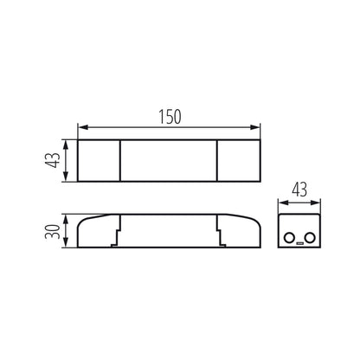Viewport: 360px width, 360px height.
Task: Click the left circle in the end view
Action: (289, 236)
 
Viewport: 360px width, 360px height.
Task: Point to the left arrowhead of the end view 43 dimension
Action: (281, 203)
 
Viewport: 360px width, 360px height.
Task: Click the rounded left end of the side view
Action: (82, 232)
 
